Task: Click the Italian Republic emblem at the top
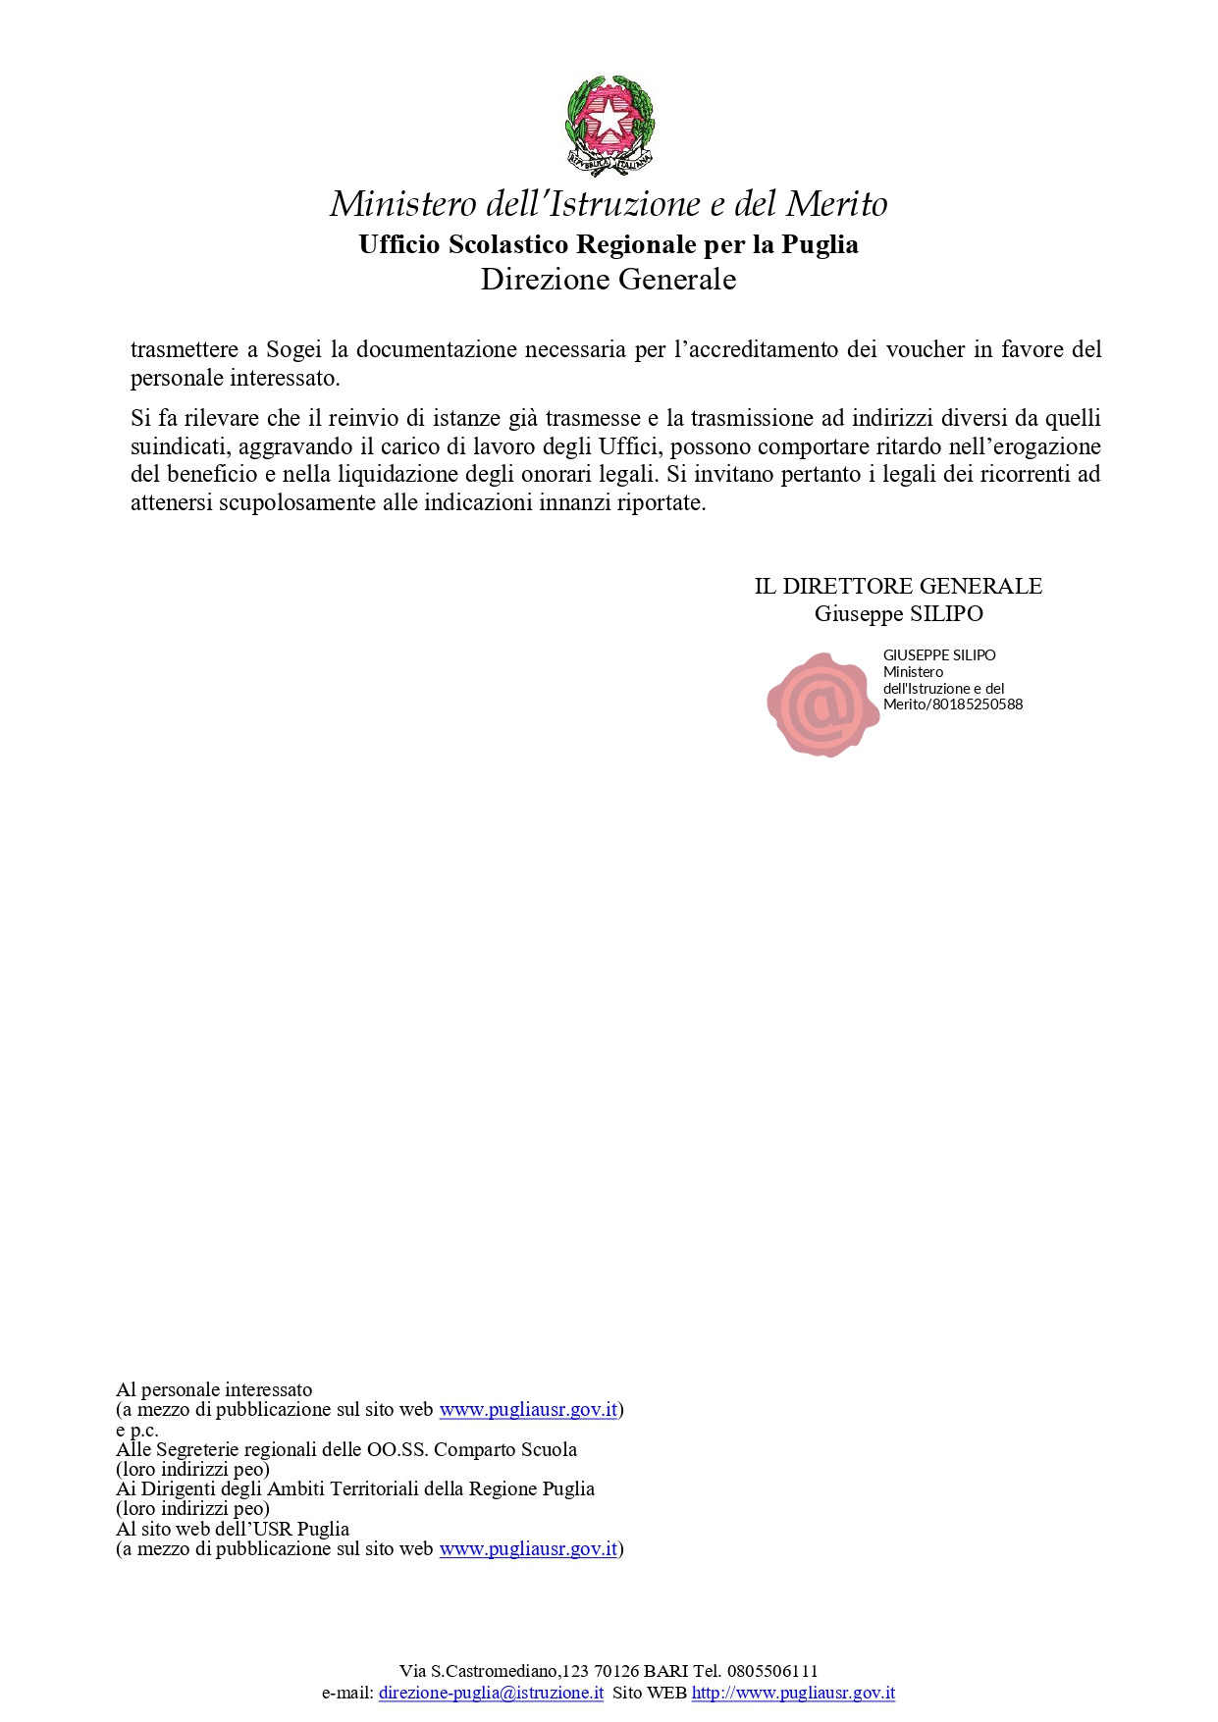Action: pos(609,125)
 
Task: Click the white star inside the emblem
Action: pos(609,119)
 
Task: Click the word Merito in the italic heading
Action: pos(836,204)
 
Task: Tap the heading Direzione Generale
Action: pos(609,280)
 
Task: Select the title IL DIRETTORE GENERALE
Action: pos(898,587)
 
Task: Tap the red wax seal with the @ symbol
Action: pos(821,704)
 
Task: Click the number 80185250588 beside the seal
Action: pos(978,704)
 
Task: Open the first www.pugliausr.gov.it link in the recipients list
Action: pos(528,1410)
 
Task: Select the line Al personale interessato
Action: pos(214,1390)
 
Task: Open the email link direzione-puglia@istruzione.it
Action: pos(491,1694)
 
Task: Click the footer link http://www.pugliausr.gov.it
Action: pos(793,1694)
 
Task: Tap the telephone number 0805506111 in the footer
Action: pos(772,1672)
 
